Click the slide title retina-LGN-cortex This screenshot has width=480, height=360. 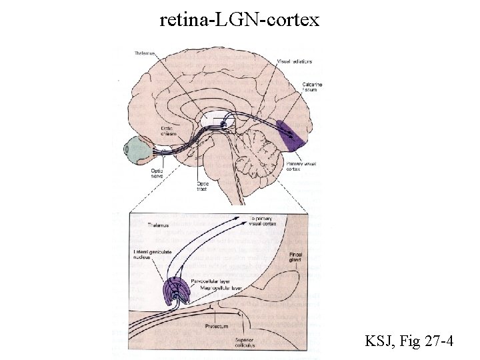coord(240,20)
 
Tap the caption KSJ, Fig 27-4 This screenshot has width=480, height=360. coord(410,342)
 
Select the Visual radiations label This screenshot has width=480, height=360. coord(295,61)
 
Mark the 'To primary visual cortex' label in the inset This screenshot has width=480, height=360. coord(263,221)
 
